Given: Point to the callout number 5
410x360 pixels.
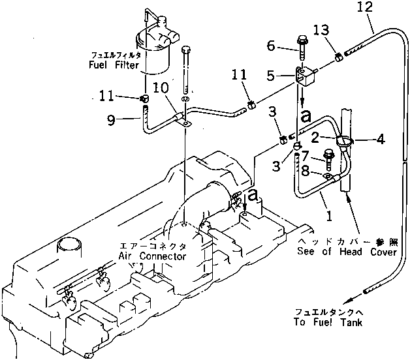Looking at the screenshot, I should pos(271,76).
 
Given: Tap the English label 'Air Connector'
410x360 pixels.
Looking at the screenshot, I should pos(152,256).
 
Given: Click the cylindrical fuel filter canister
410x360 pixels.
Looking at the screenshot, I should pos(157,49).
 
